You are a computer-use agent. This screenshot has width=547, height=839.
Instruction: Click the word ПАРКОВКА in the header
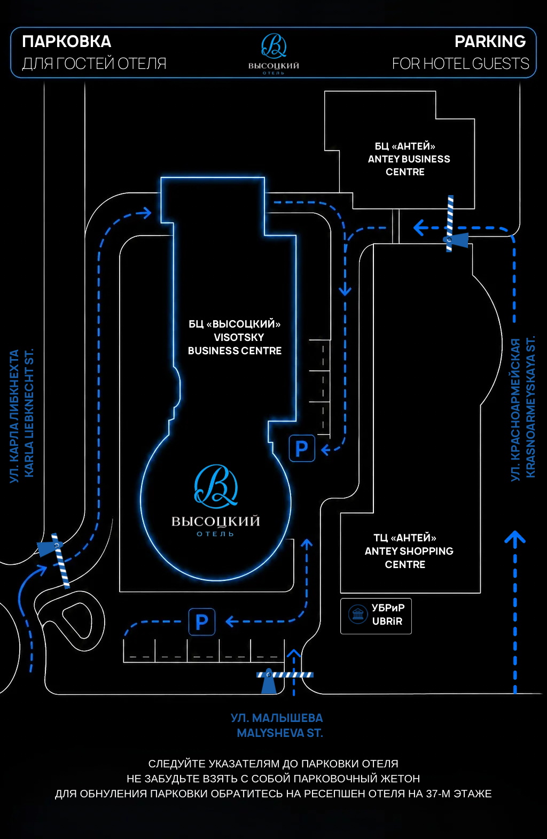(67, 42)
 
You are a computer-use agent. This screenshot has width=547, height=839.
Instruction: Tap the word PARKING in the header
(490, 42)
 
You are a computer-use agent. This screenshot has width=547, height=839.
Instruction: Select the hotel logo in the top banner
(273, 53)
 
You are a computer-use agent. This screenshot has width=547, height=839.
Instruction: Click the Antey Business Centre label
(409, 159)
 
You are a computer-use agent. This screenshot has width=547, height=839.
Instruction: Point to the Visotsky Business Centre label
(235, 337)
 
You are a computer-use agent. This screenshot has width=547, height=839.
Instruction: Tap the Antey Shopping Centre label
(409, 551)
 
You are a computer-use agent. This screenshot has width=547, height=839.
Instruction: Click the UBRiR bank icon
(357, 614)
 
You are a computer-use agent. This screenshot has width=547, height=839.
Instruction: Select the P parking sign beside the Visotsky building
(302, 448)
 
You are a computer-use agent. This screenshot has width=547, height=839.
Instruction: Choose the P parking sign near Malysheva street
(202, 622)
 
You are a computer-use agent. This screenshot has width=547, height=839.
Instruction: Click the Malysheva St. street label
(277, 726)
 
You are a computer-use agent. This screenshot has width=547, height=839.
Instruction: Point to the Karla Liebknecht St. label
(22, 415)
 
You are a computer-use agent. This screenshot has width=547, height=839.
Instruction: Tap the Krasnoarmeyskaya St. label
(523, 408)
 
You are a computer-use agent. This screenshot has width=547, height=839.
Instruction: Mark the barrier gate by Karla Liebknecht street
(56, 559)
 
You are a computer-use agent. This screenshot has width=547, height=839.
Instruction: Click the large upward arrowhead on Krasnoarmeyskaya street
(515, 538)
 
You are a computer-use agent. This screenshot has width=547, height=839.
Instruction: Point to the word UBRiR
(387, 621)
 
